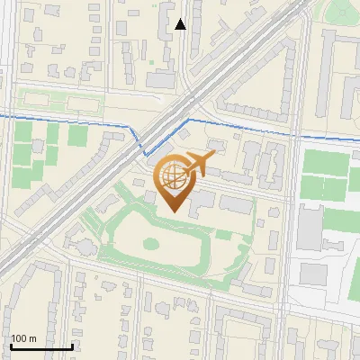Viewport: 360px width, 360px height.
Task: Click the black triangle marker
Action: [181, 24]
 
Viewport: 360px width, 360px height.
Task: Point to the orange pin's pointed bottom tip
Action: [174, 211]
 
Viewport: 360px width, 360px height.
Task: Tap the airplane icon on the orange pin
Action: [200, 164]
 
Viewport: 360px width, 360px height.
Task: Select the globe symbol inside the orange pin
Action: [172, 175]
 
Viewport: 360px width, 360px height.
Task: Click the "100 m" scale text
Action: [23, 338]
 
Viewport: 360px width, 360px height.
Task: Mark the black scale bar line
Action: [41, 346]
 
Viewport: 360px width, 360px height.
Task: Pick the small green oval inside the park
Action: [149, 242]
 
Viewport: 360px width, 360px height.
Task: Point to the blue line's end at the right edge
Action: [358, 138]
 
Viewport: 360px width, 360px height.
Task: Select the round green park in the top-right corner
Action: [343, 11]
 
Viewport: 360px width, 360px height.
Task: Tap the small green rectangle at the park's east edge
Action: [222, 236]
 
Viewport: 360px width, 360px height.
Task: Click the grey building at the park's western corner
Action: [83, 246]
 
